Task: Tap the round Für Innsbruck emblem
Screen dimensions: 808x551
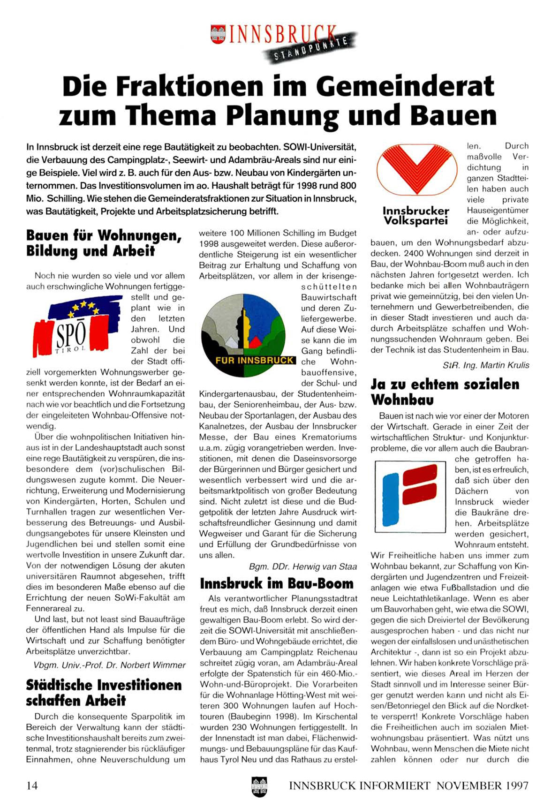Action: coord(243,333)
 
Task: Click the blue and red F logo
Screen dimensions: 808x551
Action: coord(410,496)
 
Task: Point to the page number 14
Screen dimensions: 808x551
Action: coord(32,785)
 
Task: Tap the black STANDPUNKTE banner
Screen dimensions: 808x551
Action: coord(310,50)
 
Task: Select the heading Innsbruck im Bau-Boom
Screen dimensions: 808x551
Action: coord(277,583)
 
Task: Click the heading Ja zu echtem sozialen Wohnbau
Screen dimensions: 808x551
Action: coord(445,392)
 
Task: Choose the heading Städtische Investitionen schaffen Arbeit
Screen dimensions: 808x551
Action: coord(104,692)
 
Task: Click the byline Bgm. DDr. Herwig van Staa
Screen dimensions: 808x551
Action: coord(303,566)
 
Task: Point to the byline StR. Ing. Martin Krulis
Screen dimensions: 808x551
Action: coord(485,365)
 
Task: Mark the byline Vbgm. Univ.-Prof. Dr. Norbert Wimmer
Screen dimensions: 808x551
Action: coord(110,665)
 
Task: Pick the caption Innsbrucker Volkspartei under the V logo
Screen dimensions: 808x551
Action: coord(415,216)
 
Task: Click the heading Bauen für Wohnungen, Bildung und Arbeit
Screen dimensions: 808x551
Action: coord(104,242)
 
